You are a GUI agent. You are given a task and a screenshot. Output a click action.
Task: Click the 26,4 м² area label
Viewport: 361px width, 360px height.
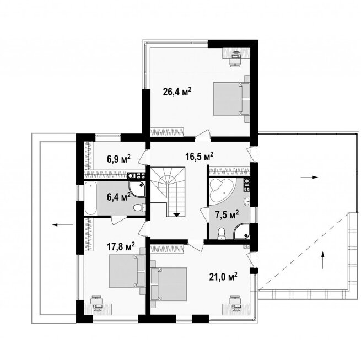177,92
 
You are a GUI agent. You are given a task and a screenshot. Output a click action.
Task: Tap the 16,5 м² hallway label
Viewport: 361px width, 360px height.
199,157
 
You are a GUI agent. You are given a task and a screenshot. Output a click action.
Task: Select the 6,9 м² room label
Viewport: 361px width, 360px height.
118,159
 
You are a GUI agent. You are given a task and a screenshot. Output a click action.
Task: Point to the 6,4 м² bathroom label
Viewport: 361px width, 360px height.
118,197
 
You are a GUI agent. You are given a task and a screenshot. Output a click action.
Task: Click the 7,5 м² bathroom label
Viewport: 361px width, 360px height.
227,214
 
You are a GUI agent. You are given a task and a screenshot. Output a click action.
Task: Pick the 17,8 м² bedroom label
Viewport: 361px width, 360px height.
121,247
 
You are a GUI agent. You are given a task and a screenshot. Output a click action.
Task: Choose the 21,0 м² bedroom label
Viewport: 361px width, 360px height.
223,277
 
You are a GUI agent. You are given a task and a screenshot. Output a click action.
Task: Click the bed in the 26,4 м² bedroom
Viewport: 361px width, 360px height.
231,99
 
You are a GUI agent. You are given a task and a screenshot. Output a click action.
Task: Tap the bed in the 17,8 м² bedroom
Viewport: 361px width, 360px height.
126,271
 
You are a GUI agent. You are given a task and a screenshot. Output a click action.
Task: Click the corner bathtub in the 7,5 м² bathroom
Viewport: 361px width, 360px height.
221,190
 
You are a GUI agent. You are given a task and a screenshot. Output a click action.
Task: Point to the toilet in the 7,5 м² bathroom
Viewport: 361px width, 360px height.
222,233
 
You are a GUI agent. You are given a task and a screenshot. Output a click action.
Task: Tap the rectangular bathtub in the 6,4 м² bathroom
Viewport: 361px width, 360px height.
90,198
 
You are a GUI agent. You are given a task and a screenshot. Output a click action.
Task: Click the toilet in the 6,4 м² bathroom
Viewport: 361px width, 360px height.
139,208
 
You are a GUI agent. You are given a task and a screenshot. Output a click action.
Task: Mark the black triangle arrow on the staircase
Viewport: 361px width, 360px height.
176,214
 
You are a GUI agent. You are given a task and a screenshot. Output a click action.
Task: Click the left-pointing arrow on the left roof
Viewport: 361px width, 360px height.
63,225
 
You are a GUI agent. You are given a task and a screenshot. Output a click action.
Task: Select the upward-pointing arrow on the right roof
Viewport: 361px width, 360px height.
323,260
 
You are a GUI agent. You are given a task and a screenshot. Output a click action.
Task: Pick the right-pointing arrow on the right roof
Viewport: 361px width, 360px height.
309,177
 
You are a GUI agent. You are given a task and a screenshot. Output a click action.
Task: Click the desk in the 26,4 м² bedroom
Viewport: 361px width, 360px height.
236,53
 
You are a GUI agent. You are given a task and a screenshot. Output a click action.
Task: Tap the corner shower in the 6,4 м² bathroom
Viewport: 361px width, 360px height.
137,189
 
